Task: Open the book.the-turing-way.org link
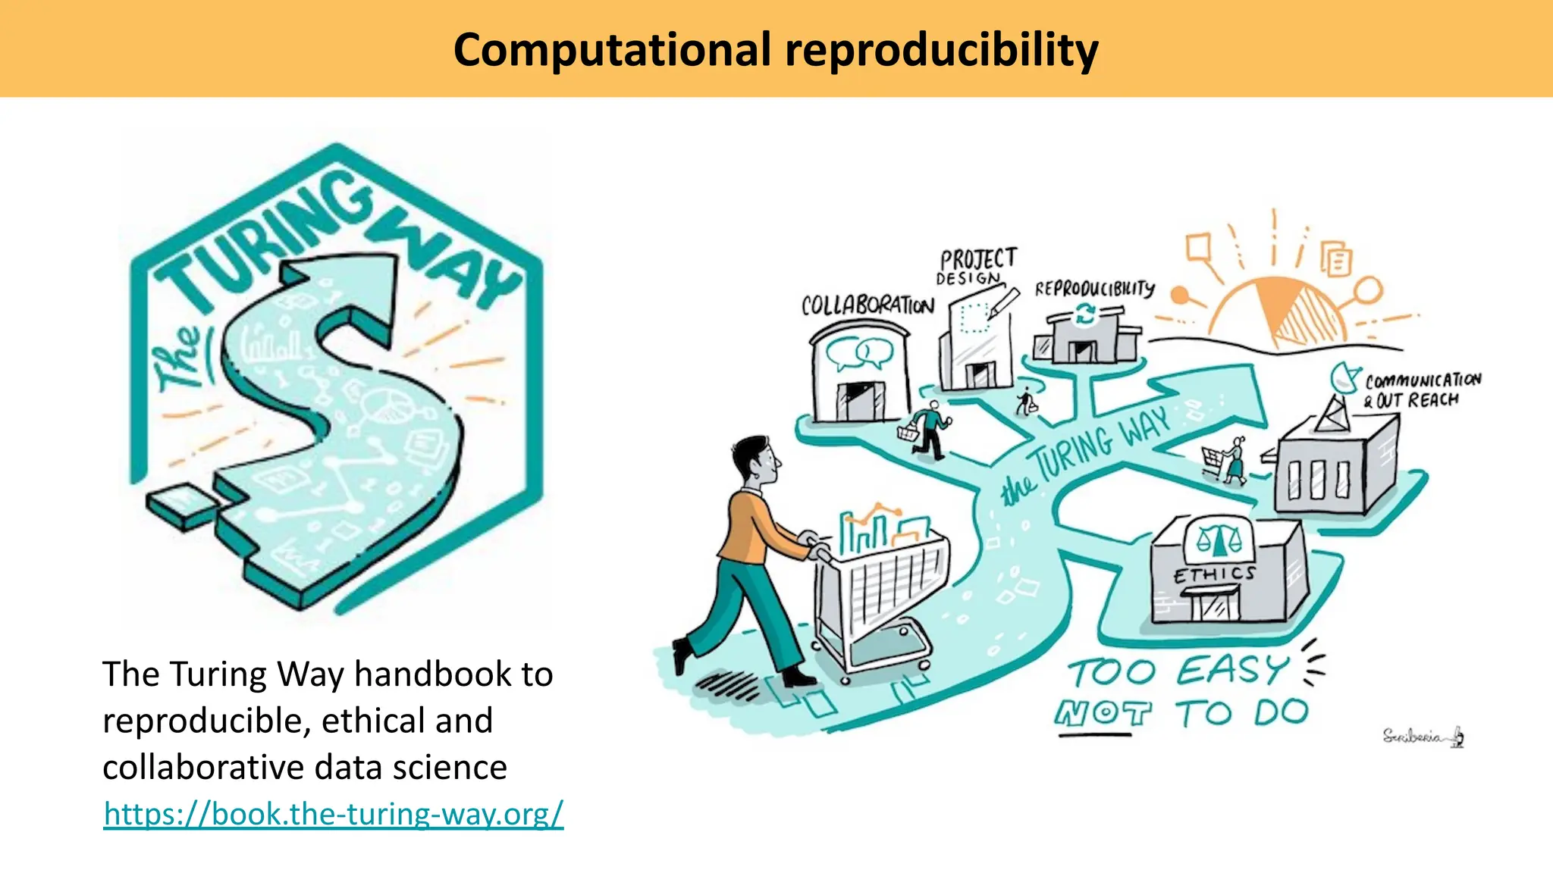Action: (334, 814)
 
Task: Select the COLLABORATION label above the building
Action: (867, 305)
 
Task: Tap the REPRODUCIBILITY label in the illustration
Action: (1094, 289)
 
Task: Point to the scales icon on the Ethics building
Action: (1219, 538)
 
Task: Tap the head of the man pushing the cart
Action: (758, 462)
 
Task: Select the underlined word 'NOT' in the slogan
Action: (1103, 713)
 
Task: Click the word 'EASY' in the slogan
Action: (1232, 671)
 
